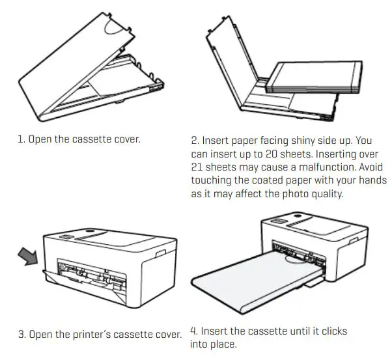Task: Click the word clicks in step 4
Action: (x=331, y=331)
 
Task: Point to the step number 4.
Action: (x=193, y=331)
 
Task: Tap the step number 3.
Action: (x=21, y=334)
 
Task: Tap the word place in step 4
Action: (x=222, y=344)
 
